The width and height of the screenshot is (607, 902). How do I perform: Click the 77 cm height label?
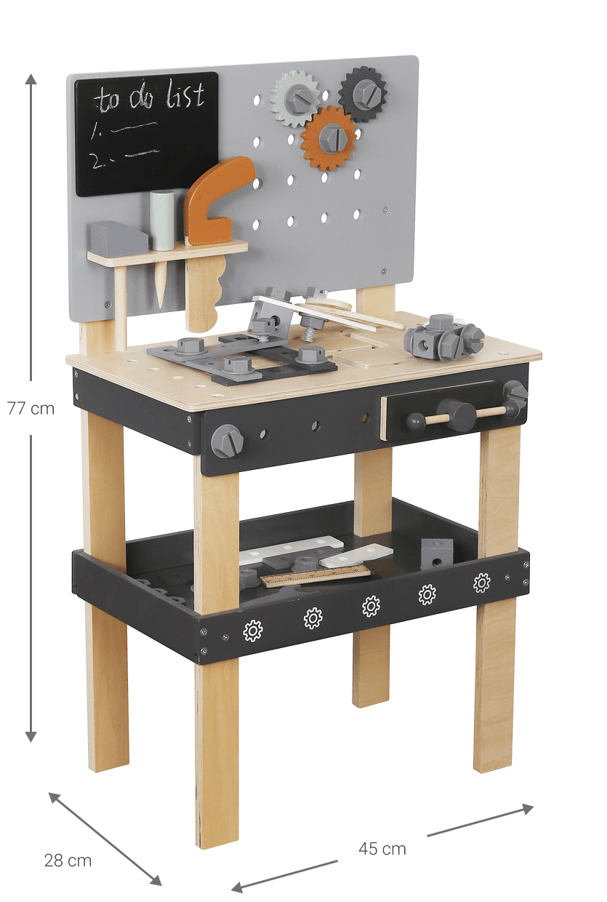[x=31, y=408]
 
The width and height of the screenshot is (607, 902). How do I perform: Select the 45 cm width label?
[x=382, y=849]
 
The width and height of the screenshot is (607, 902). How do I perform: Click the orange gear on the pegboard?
[x=329, y=137]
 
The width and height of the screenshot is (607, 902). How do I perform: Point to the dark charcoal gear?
[x=363, y=95]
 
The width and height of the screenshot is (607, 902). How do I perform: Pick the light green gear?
[x=296, y=99]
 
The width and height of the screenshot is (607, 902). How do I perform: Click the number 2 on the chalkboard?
[x=97, y=161]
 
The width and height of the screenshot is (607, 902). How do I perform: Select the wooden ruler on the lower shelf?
[x=315, y=576]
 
